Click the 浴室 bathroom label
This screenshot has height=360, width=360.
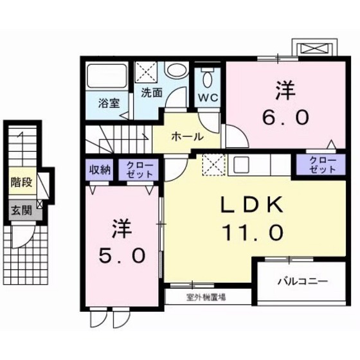point(109,103)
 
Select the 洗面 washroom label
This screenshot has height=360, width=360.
point(152,92)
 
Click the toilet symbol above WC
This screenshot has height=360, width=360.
point(206,80)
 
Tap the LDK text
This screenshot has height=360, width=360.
point(253,206)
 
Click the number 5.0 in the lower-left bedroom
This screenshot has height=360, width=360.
point(121,255)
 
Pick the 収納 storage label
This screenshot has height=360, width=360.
point(100,170)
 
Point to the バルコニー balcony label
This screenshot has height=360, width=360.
point(302,281)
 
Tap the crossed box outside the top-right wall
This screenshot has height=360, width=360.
point(313,48)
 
